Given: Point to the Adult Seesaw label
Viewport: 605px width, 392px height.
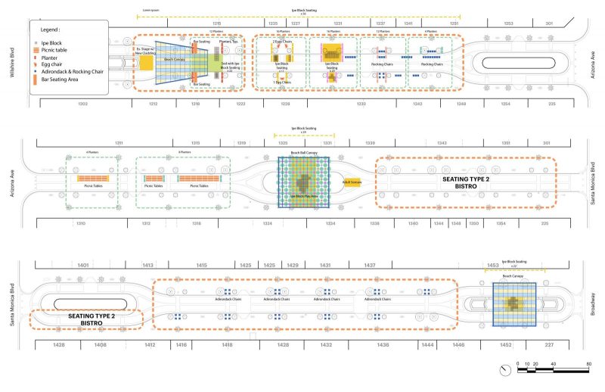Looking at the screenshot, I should tap(350, 182).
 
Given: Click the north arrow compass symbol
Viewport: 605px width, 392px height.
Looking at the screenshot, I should tap(504, 369).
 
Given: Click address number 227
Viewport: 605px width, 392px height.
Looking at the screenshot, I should tap(548, 344).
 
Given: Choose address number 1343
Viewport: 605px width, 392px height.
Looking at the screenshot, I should tap(442, 142).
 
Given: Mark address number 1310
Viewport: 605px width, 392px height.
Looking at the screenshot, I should tap(80, 223).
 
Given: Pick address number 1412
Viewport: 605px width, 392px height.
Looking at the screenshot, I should tap(150, 344).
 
